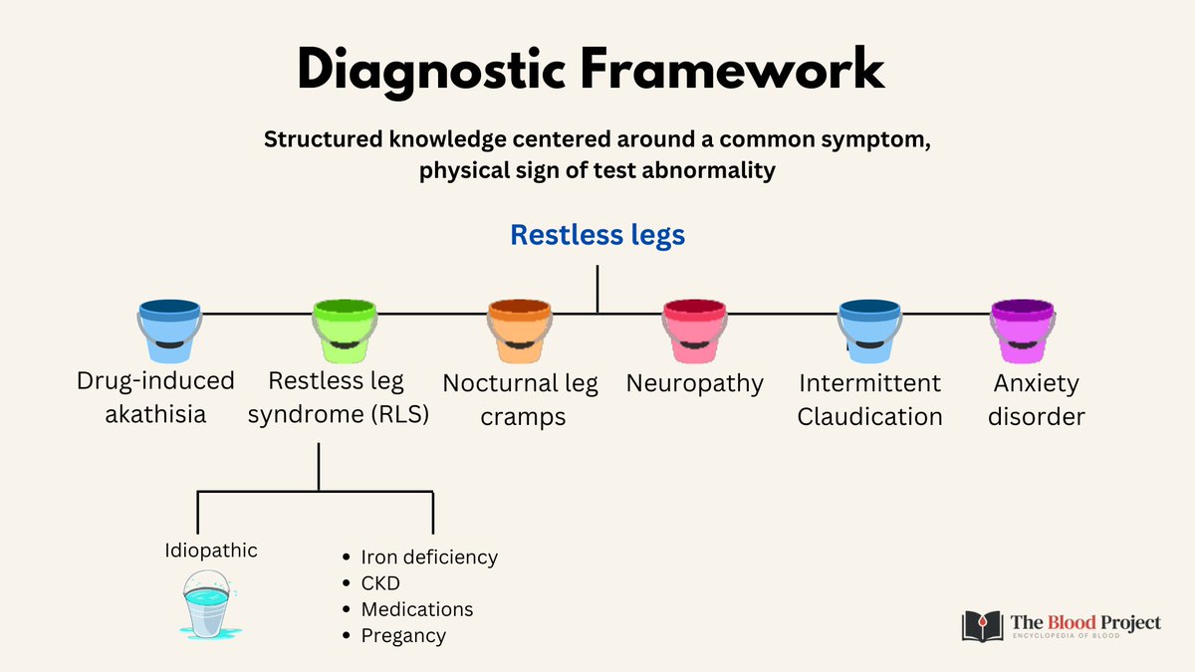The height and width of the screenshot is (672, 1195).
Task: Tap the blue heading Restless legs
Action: coord(597,235)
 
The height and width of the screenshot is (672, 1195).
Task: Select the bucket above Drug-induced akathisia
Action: coord(170,331)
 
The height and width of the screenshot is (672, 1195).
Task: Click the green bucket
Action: coord(345,331)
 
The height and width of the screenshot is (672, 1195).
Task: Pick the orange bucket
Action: coord(519,331)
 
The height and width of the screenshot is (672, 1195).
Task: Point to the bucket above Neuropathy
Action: coord(694,331)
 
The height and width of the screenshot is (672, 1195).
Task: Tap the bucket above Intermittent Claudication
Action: coord(869,331)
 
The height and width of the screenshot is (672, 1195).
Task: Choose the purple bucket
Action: coord(1023,331)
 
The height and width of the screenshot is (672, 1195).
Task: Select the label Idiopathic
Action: coord(211,550)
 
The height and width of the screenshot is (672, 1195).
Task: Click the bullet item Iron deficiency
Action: coord(428,558)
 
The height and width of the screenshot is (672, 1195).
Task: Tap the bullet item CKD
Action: coord(380,583)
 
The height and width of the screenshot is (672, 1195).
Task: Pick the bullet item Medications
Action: coord(416,609)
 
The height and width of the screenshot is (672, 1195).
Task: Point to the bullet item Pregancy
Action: coord(403,635)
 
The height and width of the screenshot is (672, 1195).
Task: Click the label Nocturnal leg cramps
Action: coord(520,399)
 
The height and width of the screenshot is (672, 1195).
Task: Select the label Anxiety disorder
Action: coord(1036,399)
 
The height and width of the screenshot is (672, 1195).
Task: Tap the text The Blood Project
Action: coord(1085,622)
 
